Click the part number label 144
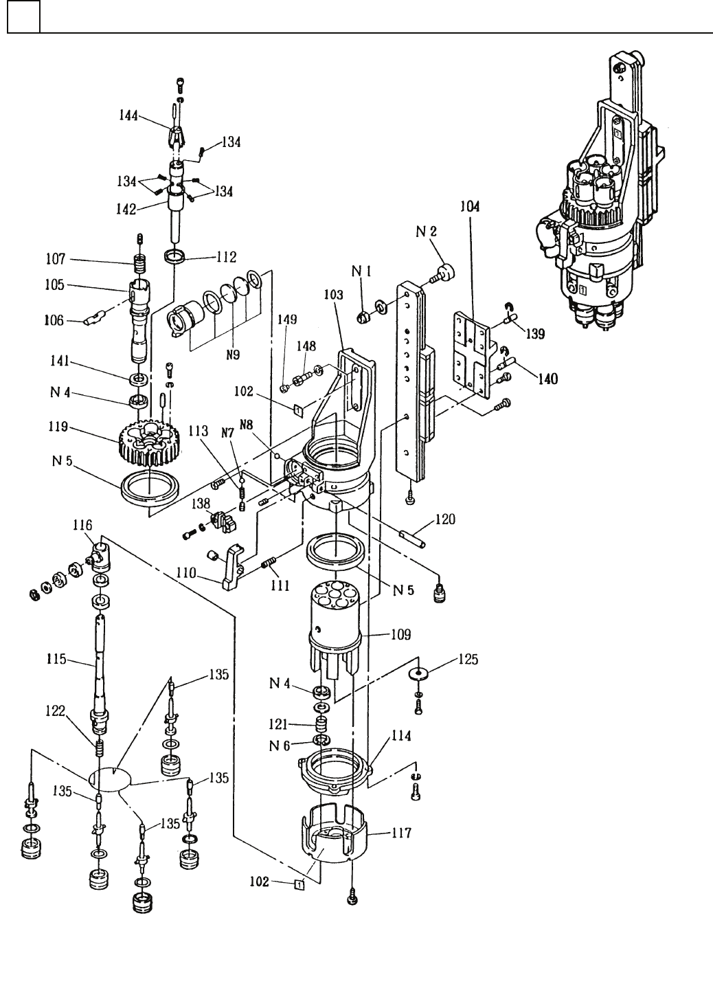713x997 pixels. pyautogui.click(x=128, y=115)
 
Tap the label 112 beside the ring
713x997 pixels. pyautogui.click(x=227, y=257)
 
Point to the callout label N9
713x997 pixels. pyautogui.click(x=233, y=355)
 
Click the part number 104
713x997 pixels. pyautogui.click(x=470, y=207)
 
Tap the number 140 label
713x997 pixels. pyautogui.click(x=548, y=379)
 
